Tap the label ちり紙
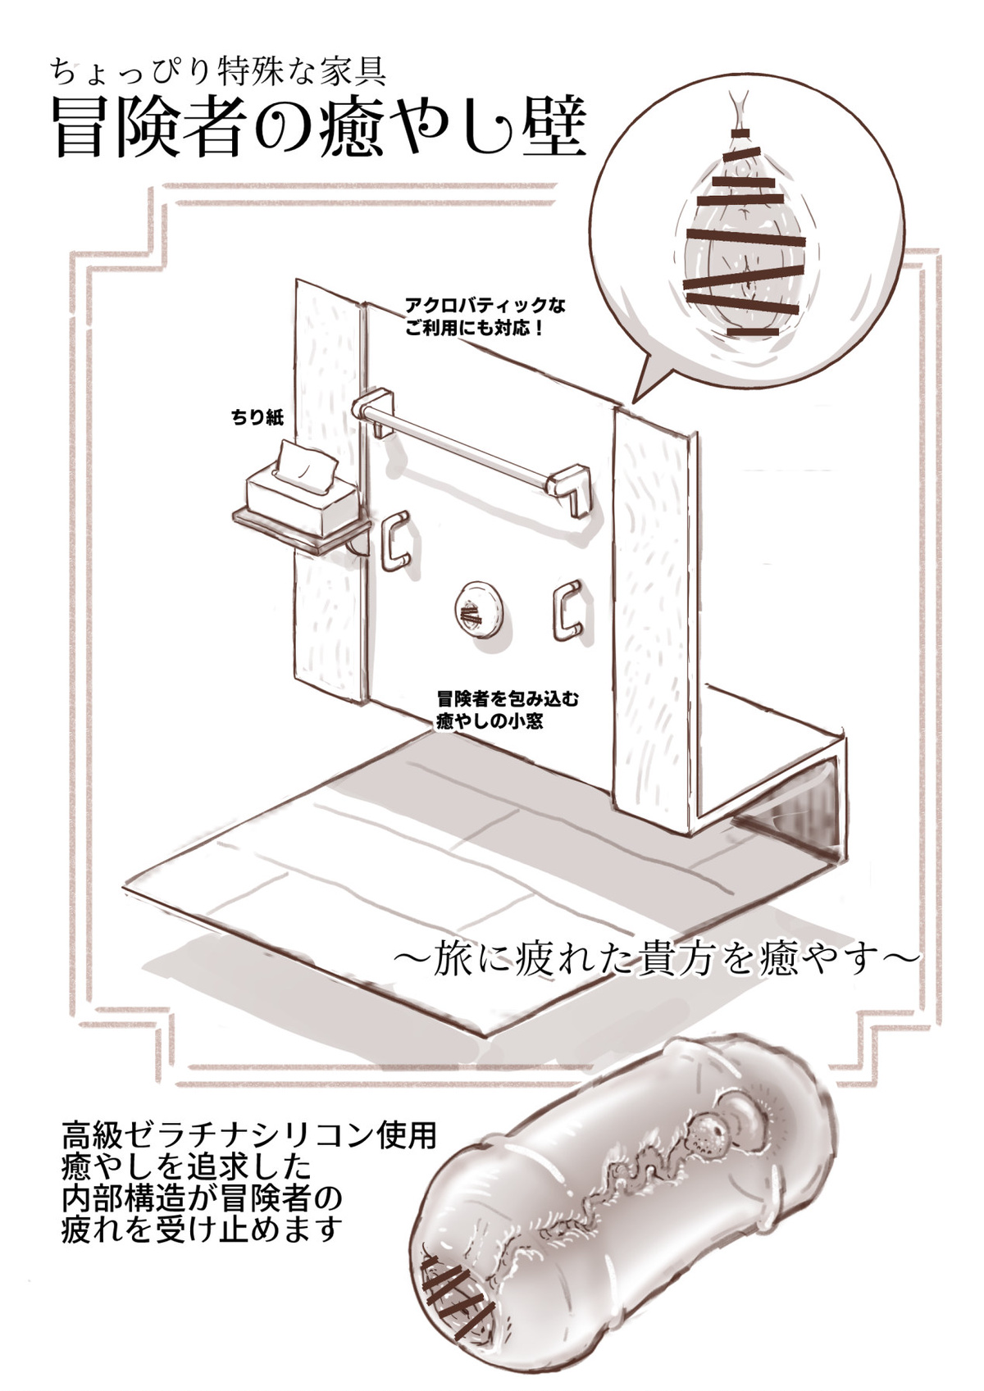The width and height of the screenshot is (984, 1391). pyautogui.click(x=257, y=417)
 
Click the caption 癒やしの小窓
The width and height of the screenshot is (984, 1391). pyautogui.click(x=490, y=722)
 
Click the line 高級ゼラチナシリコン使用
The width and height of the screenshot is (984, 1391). pyautogui.click(x=248, y=1137)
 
